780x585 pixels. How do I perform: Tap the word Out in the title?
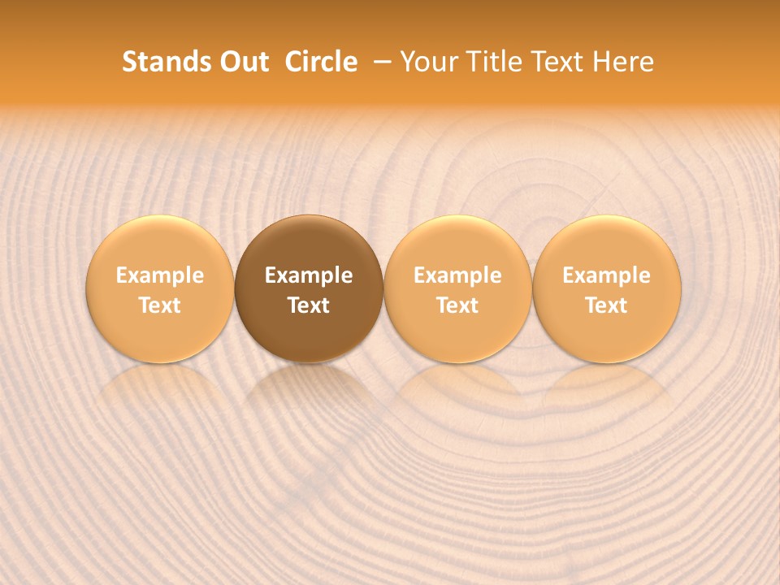(243, 62)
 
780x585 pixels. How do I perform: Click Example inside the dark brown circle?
(309, 275)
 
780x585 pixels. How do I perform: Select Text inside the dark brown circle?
(309, 305)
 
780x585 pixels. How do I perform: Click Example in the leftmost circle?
(160, 275)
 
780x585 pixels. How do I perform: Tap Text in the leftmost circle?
(160, 305)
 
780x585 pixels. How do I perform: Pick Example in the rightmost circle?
(607, 275)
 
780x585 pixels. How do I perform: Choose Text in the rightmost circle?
(607, 305)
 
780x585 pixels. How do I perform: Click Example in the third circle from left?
(457, 275)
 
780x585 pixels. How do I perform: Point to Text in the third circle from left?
(457, 305)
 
